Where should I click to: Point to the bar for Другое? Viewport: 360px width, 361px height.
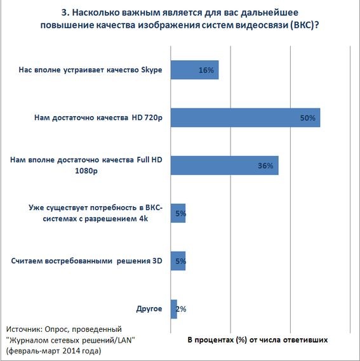pyautogui.click(x=173, y=309)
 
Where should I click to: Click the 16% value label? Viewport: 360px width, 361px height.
pyautogui.click(x=206, y=70)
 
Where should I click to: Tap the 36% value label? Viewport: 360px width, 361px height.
pyautogui.click(x=265, y=166)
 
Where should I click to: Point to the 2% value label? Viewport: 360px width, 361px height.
pyautogui.click(x=180, y=309)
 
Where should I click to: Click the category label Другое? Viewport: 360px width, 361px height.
pyautogui.click(x=149, y=309)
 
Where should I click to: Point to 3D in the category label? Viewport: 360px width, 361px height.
pyautogui.click(x=157, y=261)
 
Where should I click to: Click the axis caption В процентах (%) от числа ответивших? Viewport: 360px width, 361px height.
pyautogui.click(x=258, y=340)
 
